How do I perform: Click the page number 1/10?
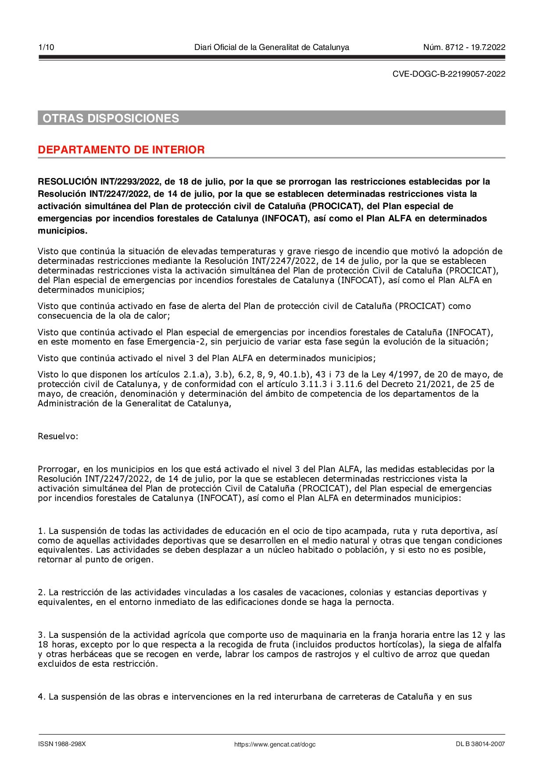point(47,47)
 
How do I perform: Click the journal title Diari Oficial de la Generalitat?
point(272,47)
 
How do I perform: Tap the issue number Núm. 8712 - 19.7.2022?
point(464,47)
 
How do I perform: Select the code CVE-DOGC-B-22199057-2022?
point(449,74)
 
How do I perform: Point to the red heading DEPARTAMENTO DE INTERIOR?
point(121,149)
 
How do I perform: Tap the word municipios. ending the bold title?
point(62,231)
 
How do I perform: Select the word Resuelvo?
point(58,436)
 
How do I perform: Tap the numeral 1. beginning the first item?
point(42,531)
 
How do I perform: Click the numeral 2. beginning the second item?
point(42,592)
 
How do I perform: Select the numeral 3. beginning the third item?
point(42,635)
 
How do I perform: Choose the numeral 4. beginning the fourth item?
point(42,697)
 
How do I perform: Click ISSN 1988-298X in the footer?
point(62,744)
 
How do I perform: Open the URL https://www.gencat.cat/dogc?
point(275,744)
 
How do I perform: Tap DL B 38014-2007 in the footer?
point(480,744)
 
